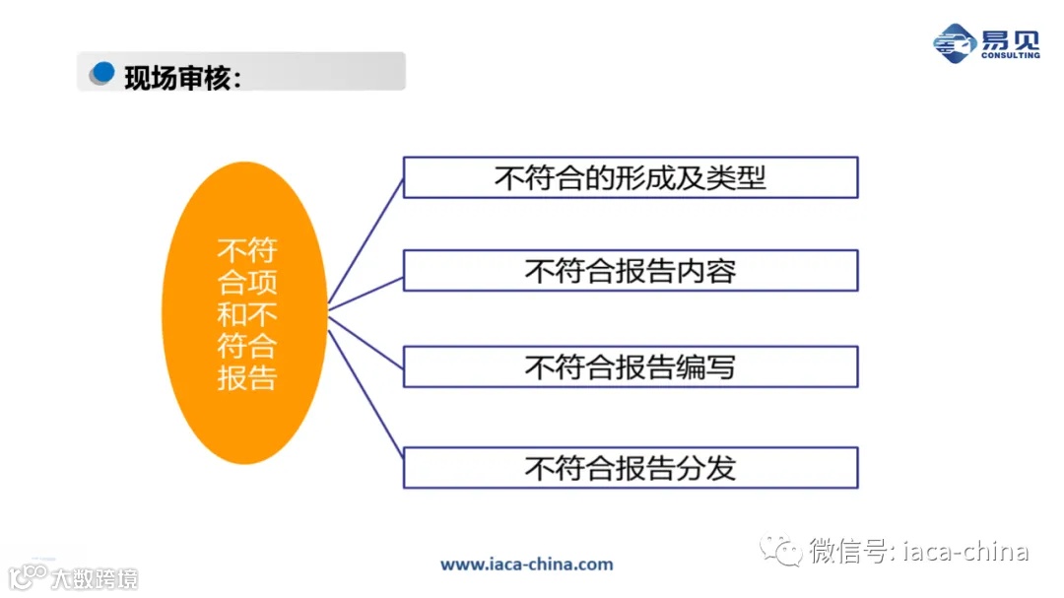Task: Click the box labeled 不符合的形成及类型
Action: point(631,177)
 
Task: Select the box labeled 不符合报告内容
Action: point(631,271)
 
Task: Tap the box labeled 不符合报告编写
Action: point(631,367)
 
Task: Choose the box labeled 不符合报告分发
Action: point(631,467)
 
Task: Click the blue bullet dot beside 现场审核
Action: point(101,73)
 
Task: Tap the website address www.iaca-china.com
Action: point(526,565)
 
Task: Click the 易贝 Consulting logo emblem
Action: point(954,43)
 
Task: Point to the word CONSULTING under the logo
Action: point(1010,55)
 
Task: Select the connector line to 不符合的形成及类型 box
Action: point(366,242)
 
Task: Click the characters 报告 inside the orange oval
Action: point(246,378)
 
